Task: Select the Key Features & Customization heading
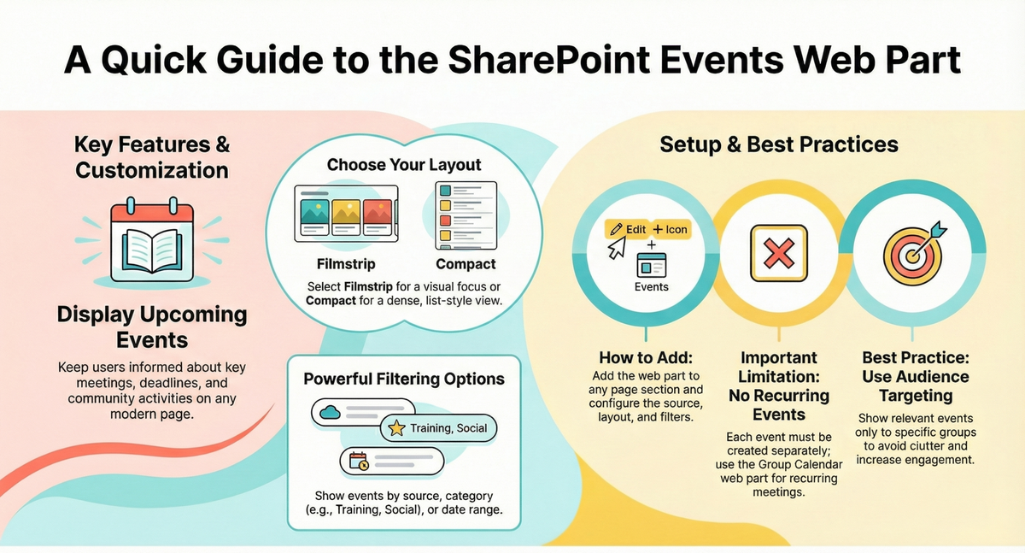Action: click(151, 156)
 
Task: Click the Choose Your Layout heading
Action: click(404, 164)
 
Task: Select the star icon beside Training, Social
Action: click(396, 428)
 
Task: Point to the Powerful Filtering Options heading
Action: click(404, 379)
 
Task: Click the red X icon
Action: click(777, 254)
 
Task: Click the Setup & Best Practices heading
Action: click(778, 144)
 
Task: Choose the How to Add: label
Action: click(647, 358)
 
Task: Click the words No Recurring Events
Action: click(778, 405)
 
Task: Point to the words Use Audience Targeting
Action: click(915, 386)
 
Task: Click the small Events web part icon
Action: click(651, 268)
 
